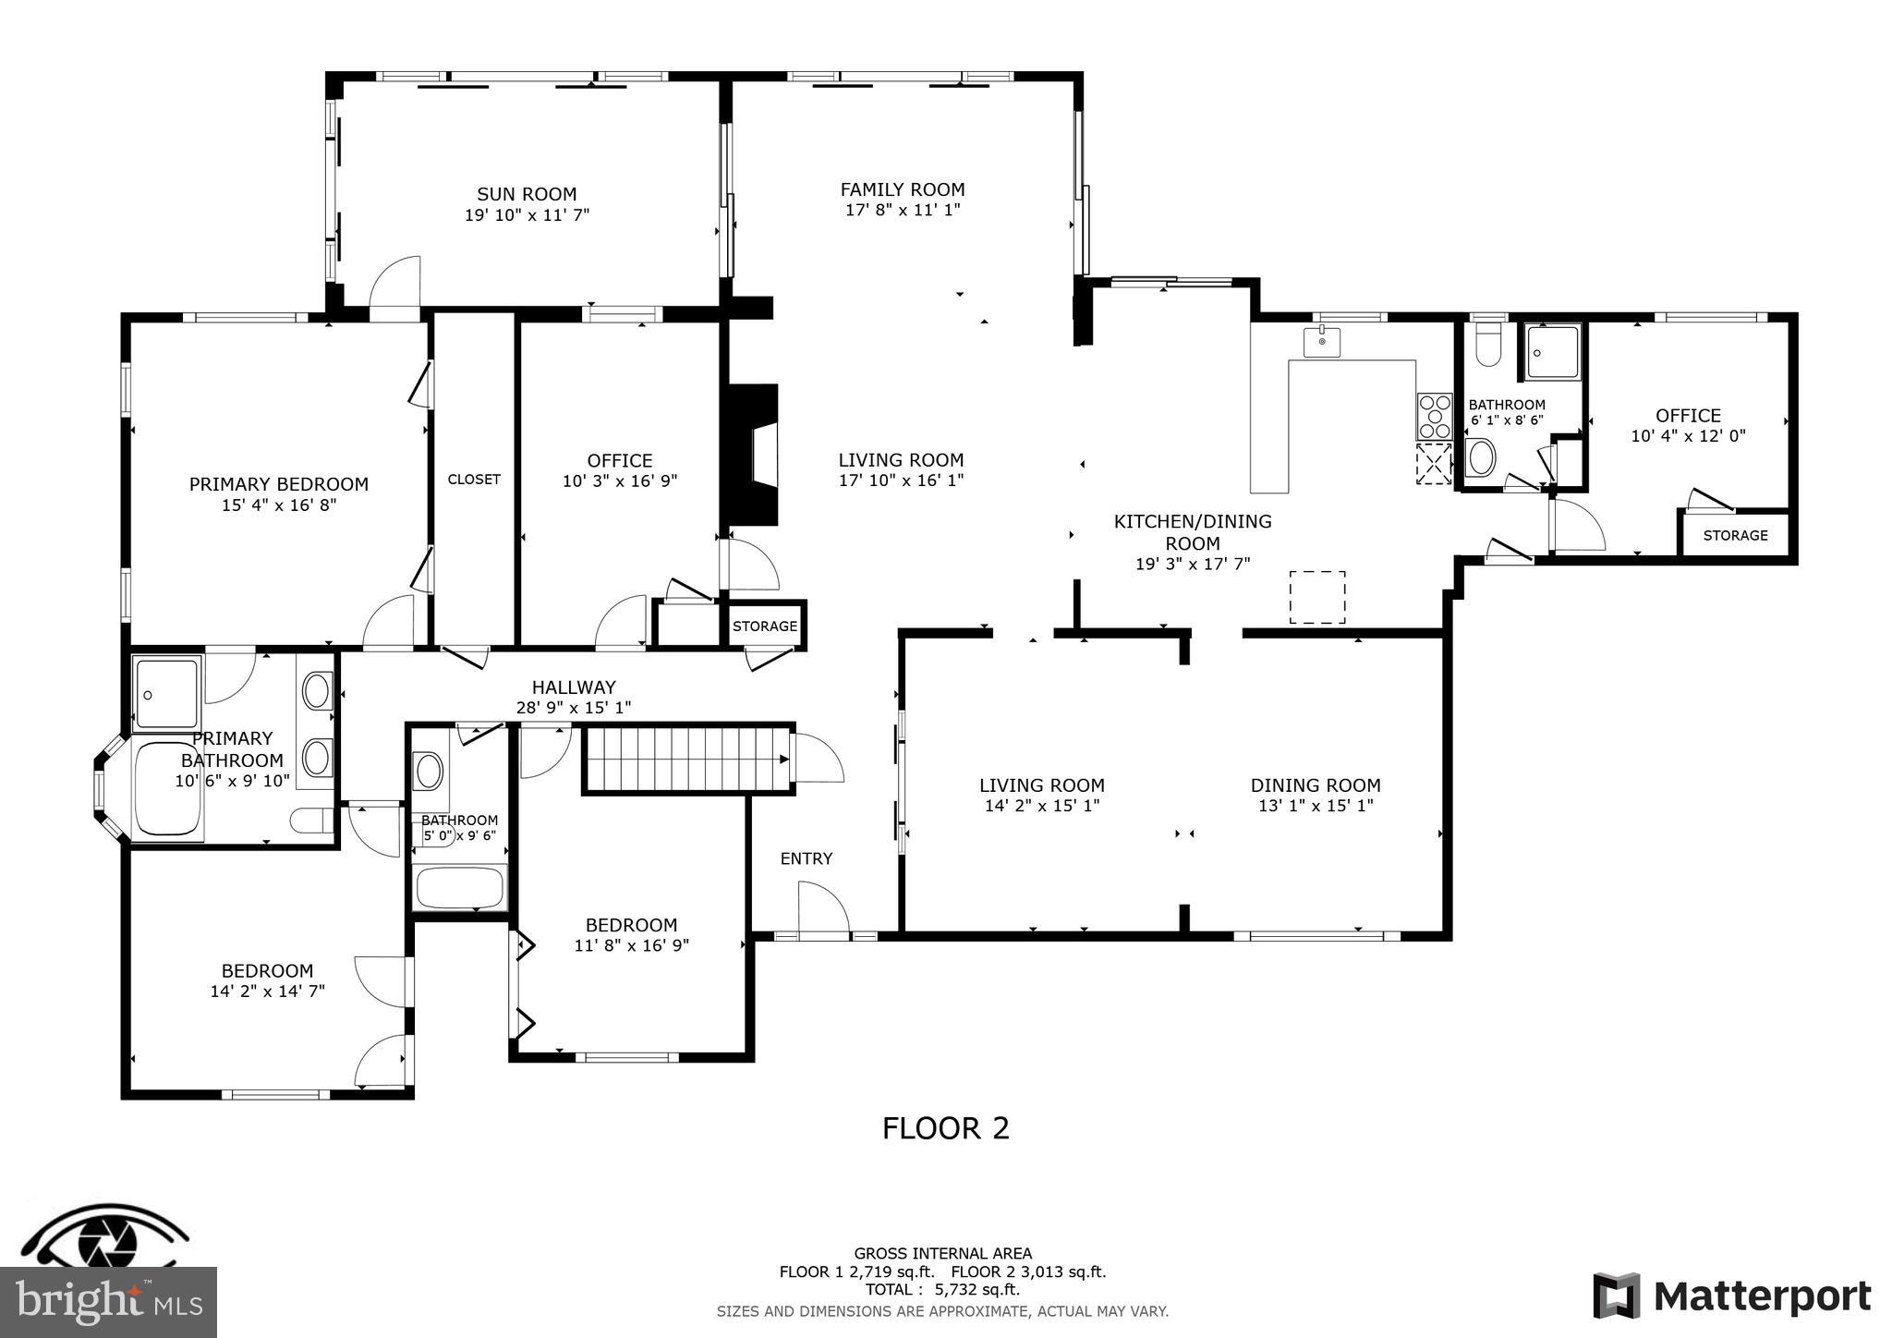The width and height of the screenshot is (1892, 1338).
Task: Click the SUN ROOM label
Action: (527, 194)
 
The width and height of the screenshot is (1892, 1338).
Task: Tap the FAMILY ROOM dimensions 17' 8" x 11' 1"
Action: (903, 210)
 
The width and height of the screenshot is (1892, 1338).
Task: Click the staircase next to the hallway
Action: (685, 760)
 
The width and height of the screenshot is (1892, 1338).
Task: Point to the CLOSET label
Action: (474, 479)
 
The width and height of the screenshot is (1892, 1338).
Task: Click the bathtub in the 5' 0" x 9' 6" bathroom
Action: (460, 887)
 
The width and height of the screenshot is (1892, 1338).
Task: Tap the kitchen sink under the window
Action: (1322, 342)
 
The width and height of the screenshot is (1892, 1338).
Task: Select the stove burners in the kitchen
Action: (1435, 417)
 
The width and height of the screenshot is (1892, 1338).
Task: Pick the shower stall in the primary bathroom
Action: (166, 693)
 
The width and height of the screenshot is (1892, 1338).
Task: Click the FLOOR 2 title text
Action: (945, 1128)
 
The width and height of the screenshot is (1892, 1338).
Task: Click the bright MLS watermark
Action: (109, 1301)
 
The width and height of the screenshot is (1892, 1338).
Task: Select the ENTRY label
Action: (807, 858)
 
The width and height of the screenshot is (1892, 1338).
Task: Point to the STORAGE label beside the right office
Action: (1735, 535)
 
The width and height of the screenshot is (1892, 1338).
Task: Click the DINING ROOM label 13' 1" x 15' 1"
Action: (1316, 785)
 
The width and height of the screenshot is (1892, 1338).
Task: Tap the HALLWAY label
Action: (573, 687)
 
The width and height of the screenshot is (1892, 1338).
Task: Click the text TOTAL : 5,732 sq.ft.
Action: (942, 1290)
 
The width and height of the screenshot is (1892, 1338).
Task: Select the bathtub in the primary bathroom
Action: (168, 791)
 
